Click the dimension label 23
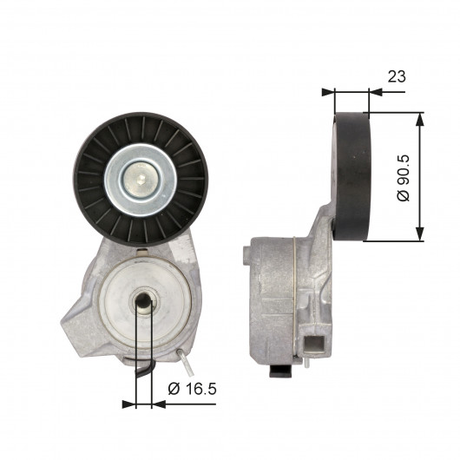(397, 76)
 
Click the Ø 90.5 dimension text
(404, 178)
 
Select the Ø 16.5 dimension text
(192, 389)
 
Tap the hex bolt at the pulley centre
(141, 179)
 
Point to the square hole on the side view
(315, 344)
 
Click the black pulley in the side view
(352, 176)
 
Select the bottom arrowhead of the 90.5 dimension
(420, 234)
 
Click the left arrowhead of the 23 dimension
(328, 92)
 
